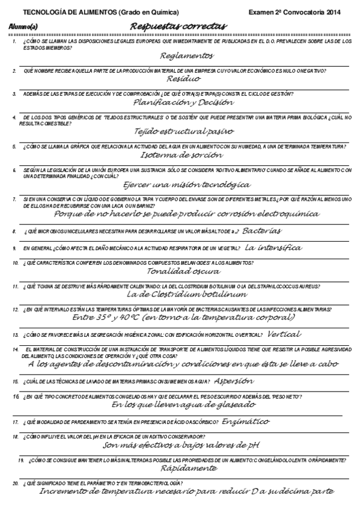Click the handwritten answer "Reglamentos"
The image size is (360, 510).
(x=187, y=55)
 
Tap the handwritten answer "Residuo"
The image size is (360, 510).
(x=184, y=78)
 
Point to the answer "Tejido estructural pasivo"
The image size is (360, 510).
(x=185, y=131)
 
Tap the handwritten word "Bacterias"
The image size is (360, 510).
(x=261, y=230)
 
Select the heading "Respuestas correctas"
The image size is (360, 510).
(x=178, y=26)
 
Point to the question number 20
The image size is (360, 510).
(x=15, y=483)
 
